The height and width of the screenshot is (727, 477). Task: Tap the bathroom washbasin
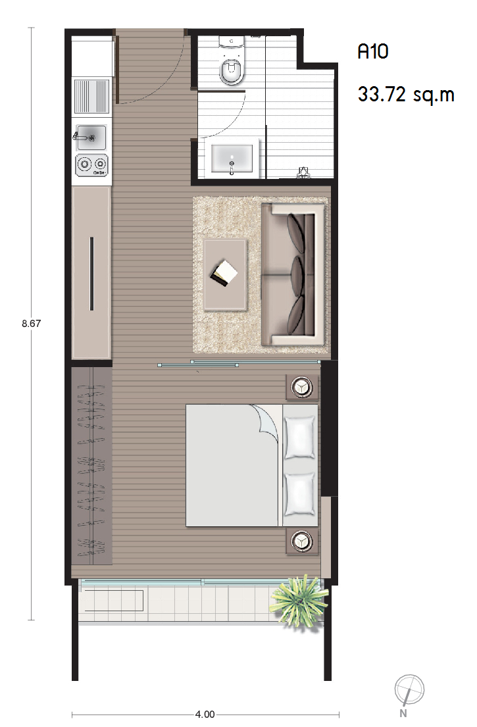point(232,158)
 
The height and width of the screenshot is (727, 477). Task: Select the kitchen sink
point(91,138)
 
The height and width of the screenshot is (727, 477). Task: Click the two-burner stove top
point(92,164)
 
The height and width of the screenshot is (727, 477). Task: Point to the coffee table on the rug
point(225,274)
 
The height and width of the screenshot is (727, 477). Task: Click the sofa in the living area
point(293,274)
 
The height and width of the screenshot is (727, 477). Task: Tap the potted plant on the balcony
point(299,601)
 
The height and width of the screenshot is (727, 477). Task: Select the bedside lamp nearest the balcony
point(302,540)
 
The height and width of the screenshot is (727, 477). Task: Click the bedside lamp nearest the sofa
point(302,387)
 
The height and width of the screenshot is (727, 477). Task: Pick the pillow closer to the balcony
point(300,494)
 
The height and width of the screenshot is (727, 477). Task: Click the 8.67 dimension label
point(31,324)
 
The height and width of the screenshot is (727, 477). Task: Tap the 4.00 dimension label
point(205,714)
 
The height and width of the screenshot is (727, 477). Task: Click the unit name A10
point(372,51)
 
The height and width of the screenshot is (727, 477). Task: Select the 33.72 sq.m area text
point(406,95)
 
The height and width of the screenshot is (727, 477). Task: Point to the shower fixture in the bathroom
point(303,172)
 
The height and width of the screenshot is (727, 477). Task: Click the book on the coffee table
point(224,273)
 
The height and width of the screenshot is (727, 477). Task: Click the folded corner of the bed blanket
point(265,419)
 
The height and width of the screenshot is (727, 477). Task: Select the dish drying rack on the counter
point(92,96)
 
